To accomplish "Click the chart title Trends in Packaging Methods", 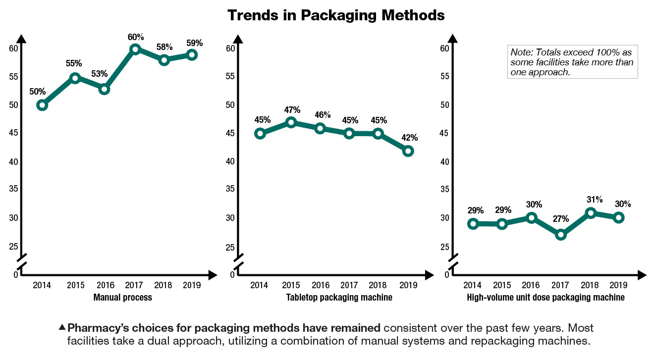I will (x=336, y=15).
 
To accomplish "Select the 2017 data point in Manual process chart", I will (x=135, y=49).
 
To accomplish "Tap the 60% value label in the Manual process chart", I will (x=136, y=37).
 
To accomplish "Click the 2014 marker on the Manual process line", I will (x=42, y=105).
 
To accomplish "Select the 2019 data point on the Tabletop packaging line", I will (x=408, y=151).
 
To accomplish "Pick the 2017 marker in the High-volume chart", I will (x=560, y=235).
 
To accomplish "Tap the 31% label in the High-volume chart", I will (x=594, y=200).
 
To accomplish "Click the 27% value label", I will (x=561, y=219).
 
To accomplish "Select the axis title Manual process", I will (x=122, y=298).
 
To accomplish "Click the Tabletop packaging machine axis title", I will (x=339, y=298).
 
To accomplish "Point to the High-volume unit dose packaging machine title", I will (x=545, y=298).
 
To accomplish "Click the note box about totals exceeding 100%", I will (x=573, y=62).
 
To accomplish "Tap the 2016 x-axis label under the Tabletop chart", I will (x=320, y=285).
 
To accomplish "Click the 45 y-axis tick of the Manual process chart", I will (x=13, y=133).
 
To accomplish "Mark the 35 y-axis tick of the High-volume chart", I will (x=445, y=190).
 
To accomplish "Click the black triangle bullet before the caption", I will (x=62, y=327).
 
